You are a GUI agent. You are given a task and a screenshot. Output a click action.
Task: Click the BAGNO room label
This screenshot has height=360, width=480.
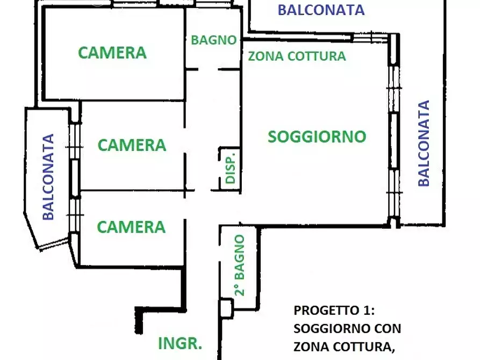point(214,40)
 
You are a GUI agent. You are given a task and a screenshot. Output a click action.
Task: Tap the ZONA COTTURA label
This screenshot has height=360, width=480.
point(296,56)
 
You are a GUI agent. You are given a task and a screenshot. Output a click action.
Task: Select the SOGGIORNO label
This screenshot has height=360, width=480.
point(317,136)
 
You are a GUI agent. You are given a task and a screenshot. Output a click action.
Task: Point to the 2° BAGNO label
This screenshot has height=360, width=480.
point(240,265)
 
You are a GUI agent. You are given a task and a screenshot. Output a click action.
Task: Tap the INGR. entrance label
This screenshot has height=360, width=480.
point(180,343)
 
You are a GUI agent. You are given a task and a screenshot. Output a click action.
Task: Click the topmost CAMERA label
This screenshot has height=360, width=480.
point(112,53)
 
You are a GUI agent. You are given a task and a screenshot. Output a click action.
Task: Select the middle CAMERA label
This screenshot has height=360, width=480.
point(132,145)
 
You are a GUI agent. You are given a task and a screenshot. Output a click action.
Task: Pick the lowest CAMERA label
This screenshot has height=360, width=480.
point(131,227)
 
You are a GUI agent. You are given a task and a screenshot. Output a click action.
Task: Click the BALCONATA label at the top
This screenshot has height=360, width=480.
point(321,10)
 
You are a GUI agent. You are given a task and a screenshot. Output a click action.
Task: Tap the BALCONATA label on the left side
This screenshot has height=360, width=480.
point(49,177)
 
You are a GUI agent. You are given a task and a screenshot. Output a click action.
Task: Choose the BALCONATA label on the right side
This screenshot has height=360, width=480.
point(424,143)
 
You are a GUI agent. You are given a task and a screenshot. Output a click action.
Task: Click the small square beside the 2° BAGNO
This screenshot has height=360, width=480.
point(226,307)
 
